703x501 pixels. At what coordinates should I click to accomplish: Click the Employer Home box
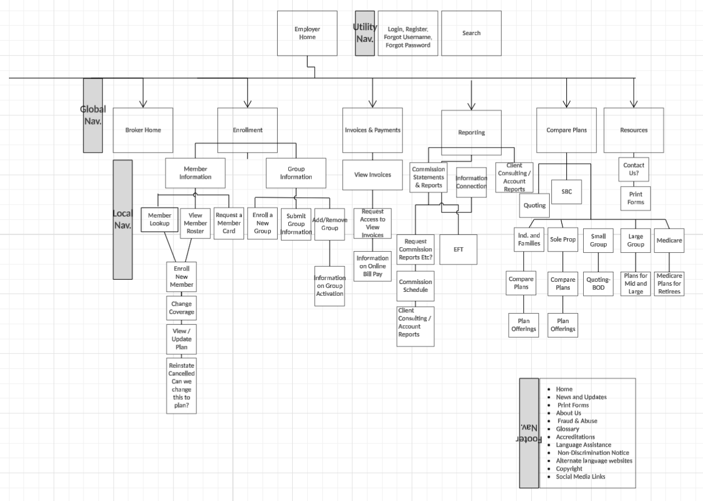click(307, 33)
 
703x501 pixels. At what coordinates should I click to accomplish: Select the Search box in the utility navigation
click(471, 33)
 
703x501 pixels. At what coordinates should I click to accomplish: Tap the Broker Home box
click(143, 130)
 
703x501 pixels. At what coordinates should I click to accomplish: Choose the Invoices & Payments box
click(372, 130)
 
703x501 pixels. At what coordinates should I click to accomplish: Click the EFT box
click(458, 249)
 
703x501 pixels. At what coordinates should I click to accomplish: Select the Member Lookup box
click(160, 219)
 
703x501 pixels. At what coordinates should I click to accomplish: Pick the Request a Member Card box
click(229, 223)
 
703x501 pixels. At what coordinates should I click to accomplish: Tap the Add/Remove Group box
click(329, 224)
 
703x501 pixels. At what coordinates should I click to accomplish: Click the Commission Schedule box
click(415, 286)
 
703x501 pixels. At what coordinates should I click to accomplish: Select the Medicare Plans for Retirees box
click(669, 283)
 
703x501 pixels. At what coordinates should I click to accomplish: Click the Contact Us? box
click(634, 169)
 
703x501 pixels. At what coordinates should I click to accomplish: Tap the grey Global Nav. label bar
click(93, 115)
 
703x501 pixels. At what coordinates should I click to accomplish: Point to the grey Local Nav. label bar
click(123, 219)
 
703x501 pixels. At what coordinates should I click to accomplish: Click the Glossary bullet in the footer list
click(568, 429)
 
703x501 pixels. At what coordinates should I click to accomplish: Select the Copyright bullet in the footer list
click(569, 469)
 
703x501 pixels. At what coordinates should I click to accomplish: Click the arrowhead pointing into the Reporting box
click(471, 105)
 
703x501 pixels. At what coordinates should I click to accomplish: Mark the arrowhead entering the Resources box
click(634, 103)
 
